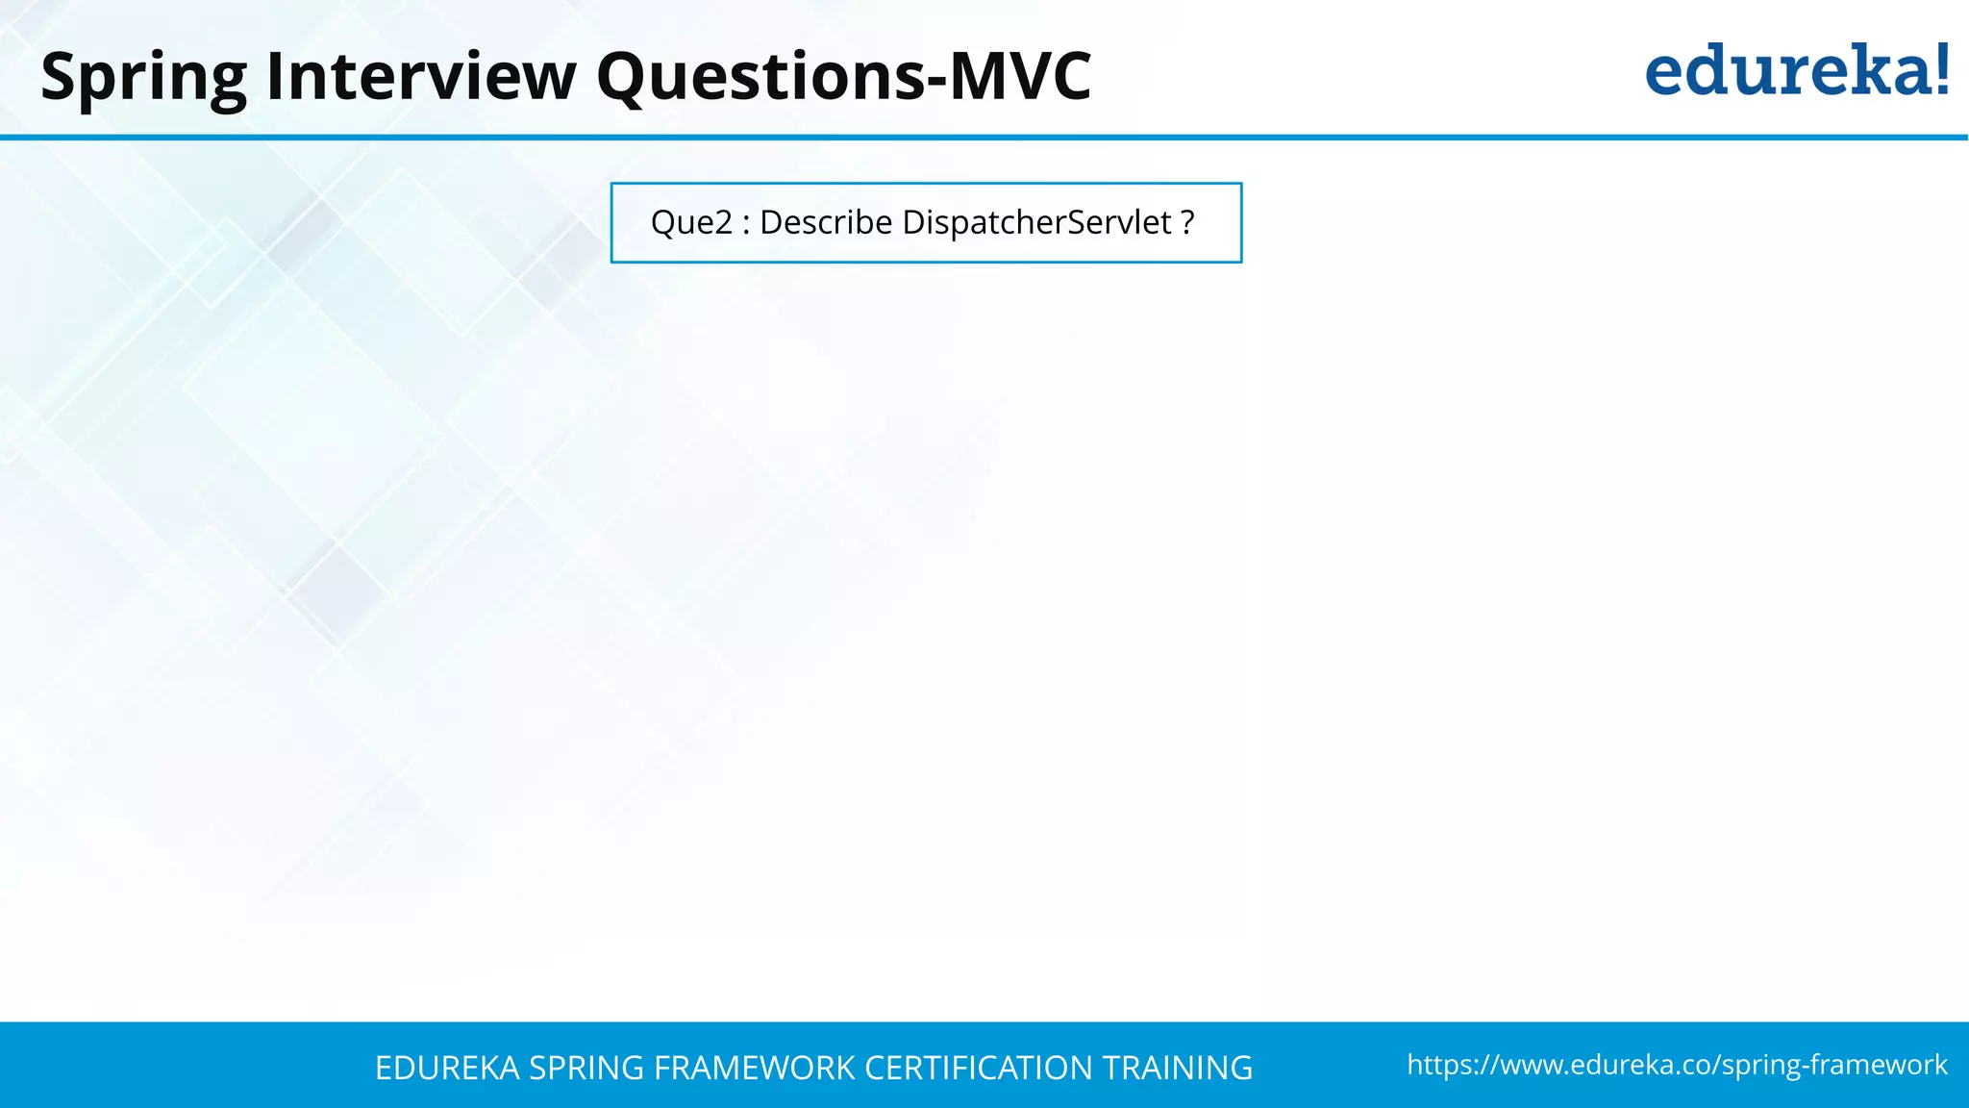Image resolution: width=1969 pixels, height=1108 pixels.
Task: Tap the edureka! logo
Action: click(1796, 71)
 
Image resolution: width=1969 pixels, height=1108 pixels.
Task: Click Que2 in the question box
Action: click(691, 223)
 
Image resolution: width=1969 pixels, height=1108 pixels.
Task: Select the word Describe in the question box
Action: click(826, 223)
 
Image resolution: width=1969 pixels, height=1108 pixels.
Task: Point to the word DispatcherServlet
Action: click(1036, 223)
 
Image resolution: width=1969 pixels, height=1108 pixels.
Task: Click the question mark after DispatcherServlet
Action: click(1187, 223)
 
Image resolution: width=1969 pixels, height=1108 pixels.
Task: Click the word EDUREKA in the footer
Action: click(447, 1069)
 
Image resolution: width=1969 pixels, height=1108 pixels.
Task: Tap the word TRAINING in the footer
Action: click(1177, 1069)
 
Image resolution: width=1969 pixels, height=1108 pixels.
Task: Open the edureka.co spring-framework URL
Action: click(1677, 1066)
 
